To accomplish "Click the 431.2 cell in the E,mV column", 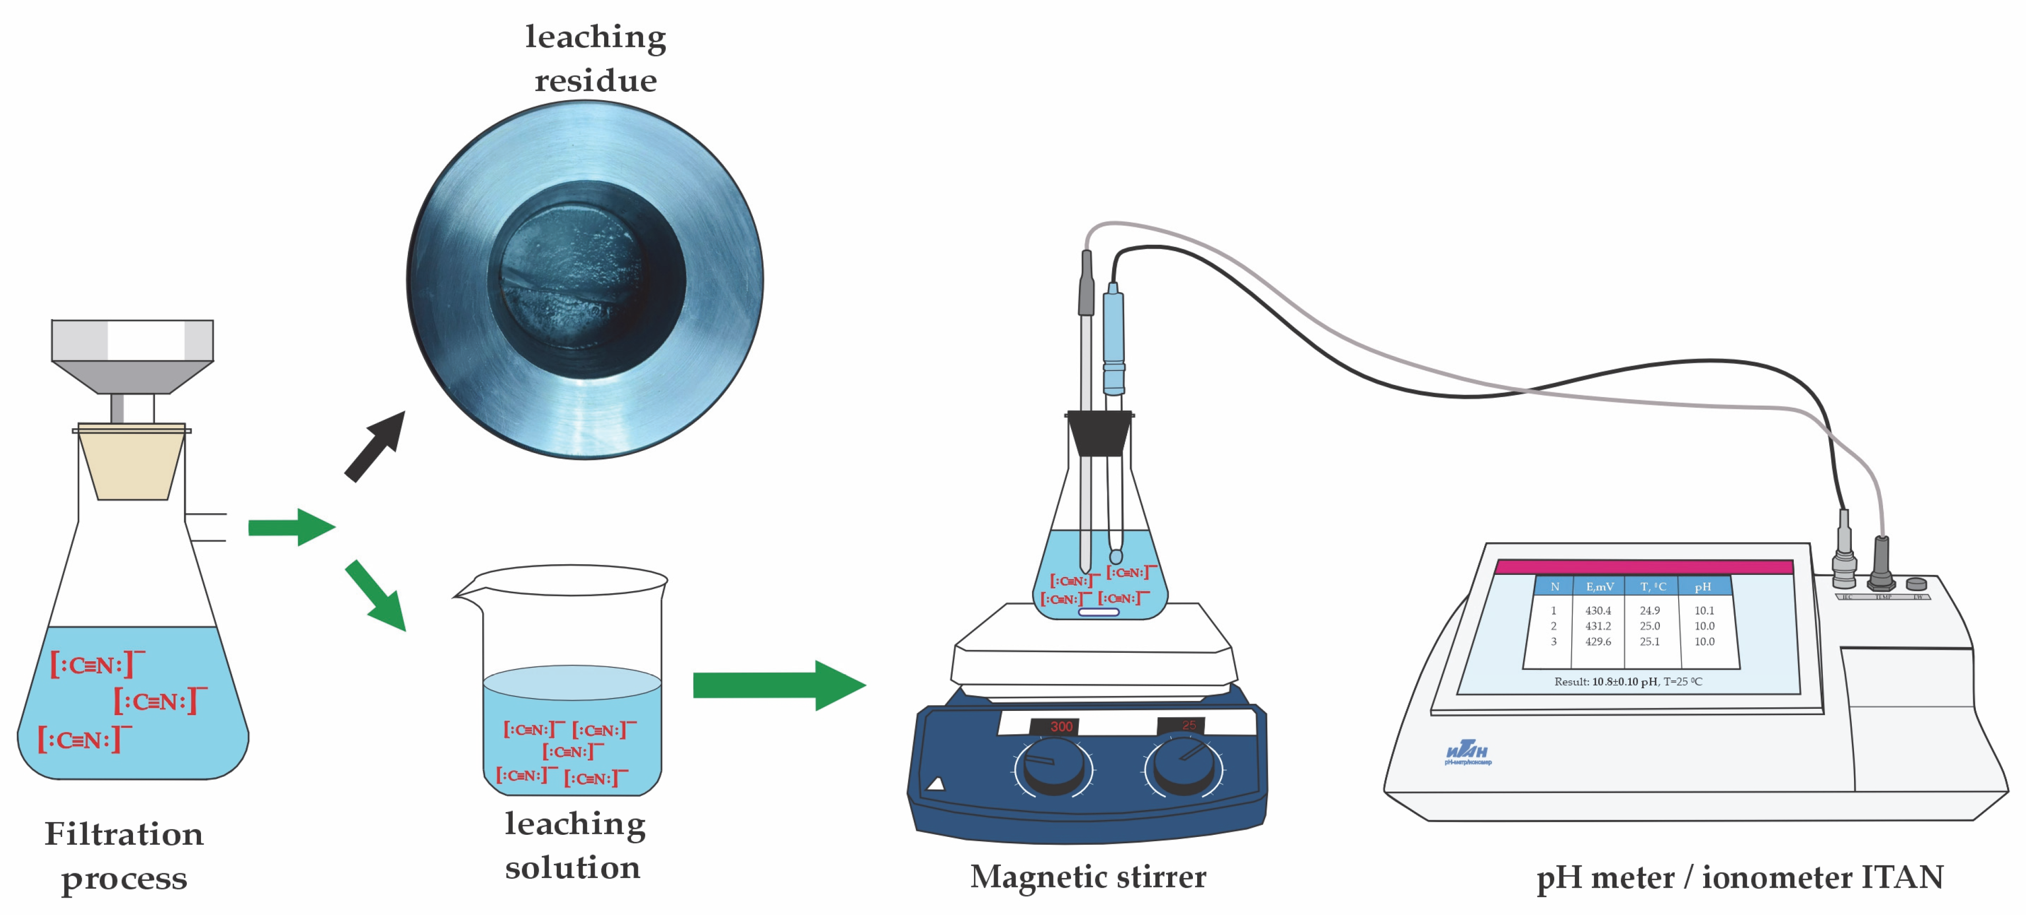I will (1598, 625).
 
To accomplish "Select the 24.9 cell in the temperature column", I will (1649, 610).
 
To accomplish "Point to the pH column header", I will (1703, 586).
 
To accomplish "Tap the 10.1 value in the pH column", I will (1704, 610).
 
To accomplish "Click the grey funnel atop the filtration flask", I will (132, 354).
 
